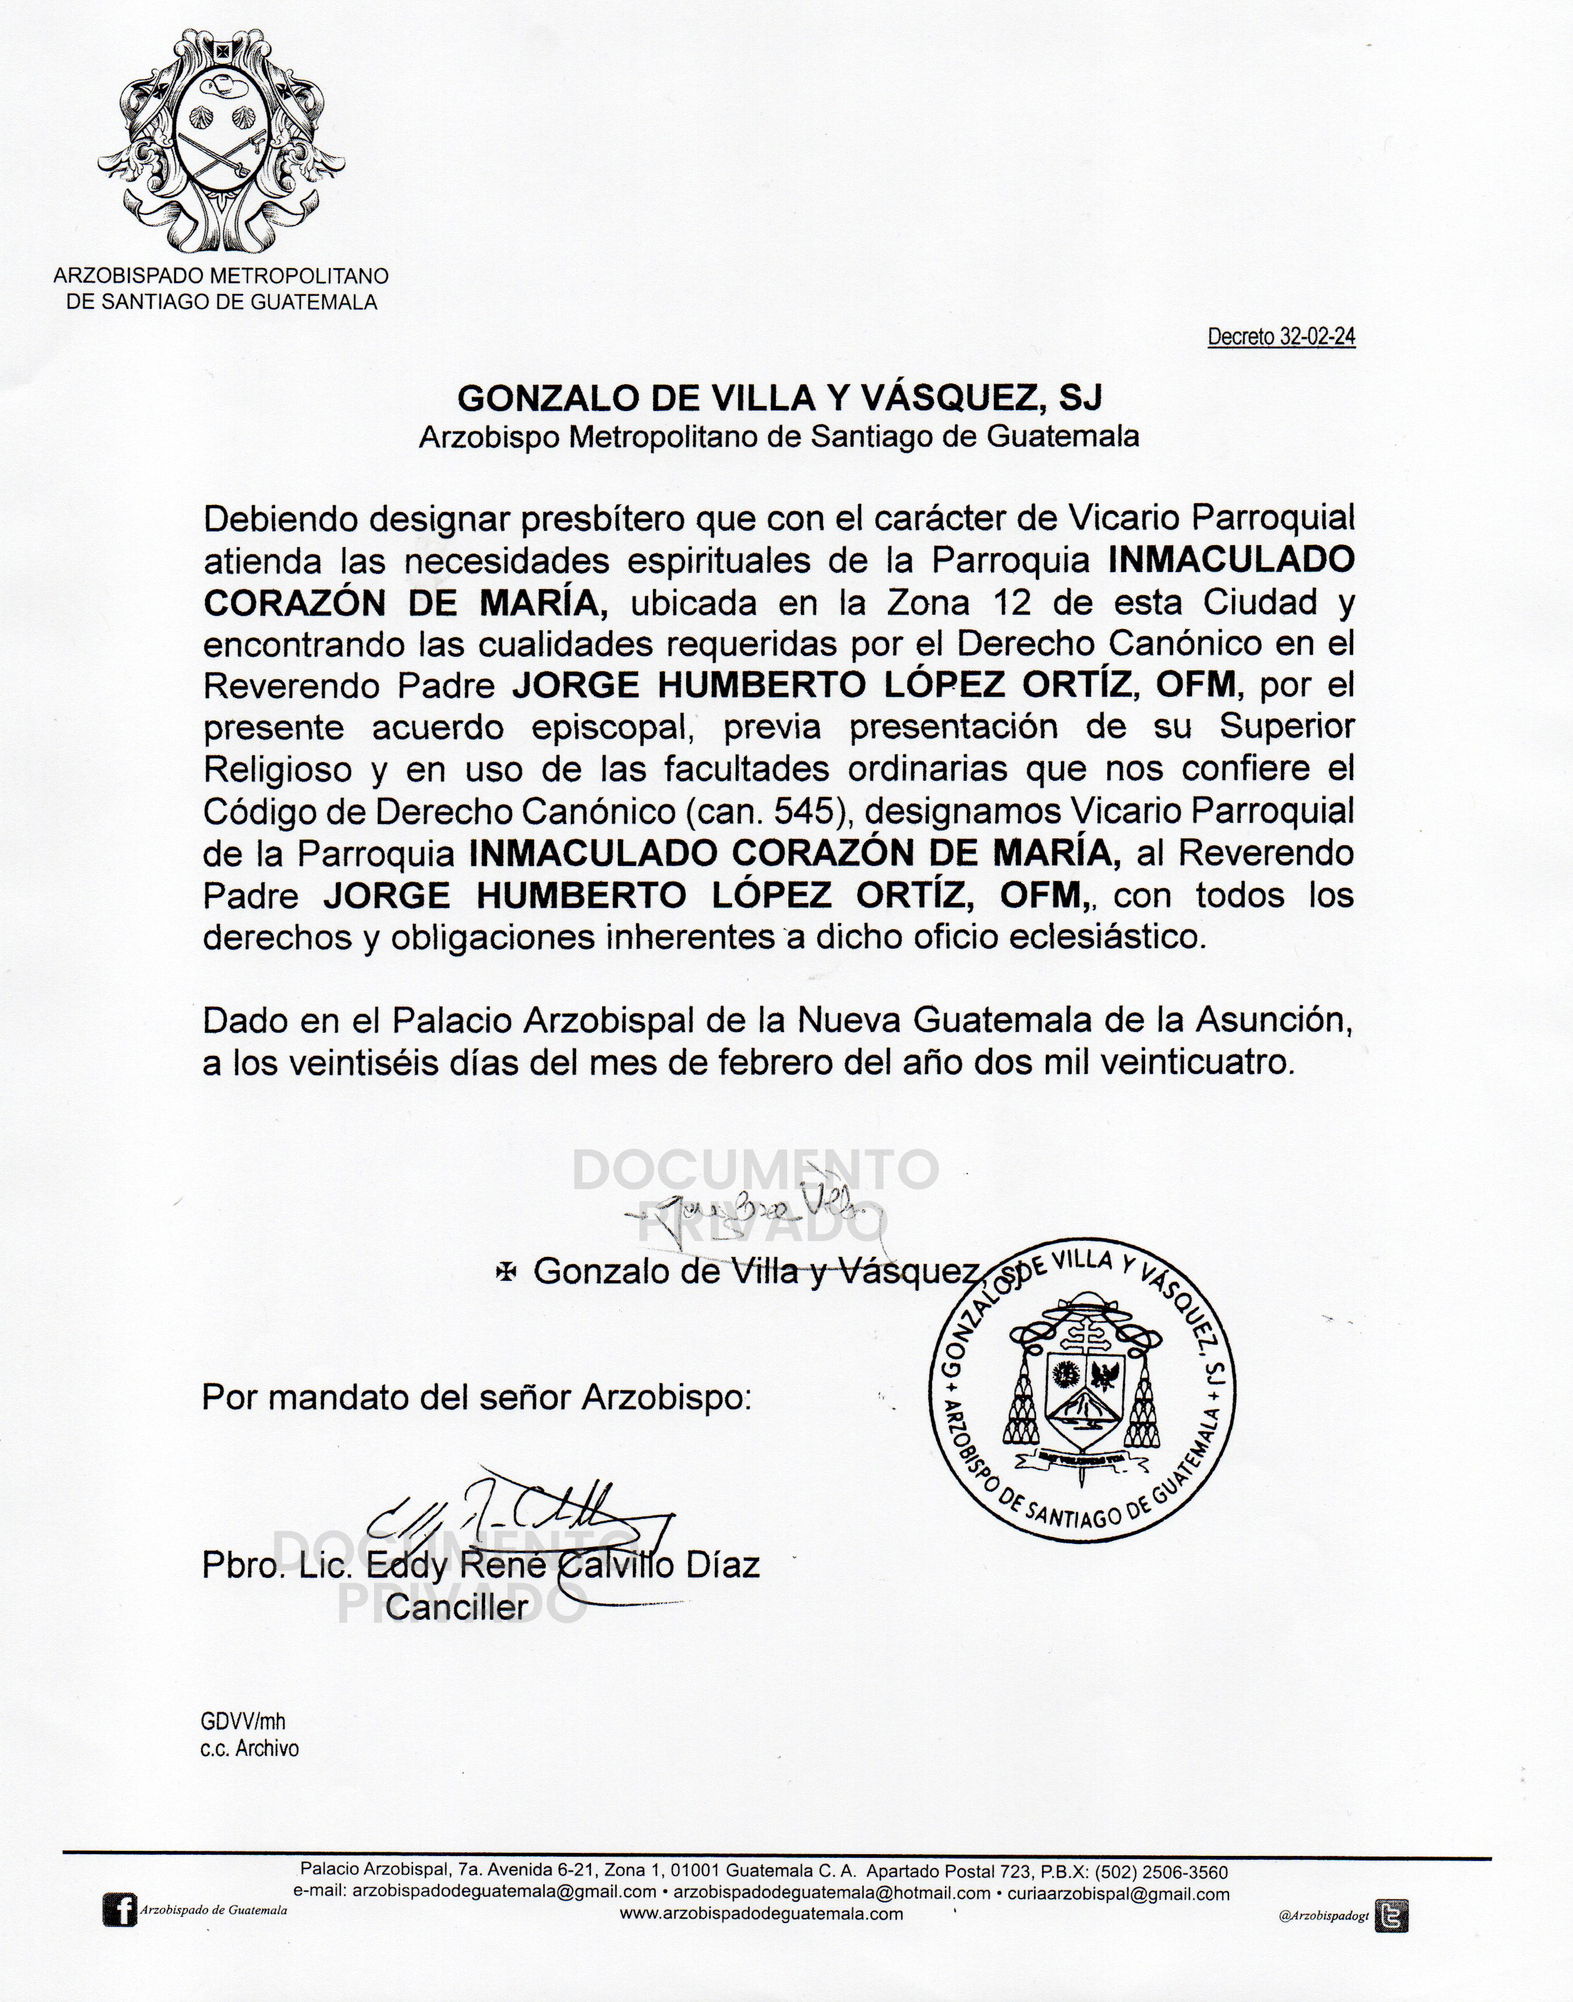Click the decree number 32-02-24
click(1316, 337)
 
